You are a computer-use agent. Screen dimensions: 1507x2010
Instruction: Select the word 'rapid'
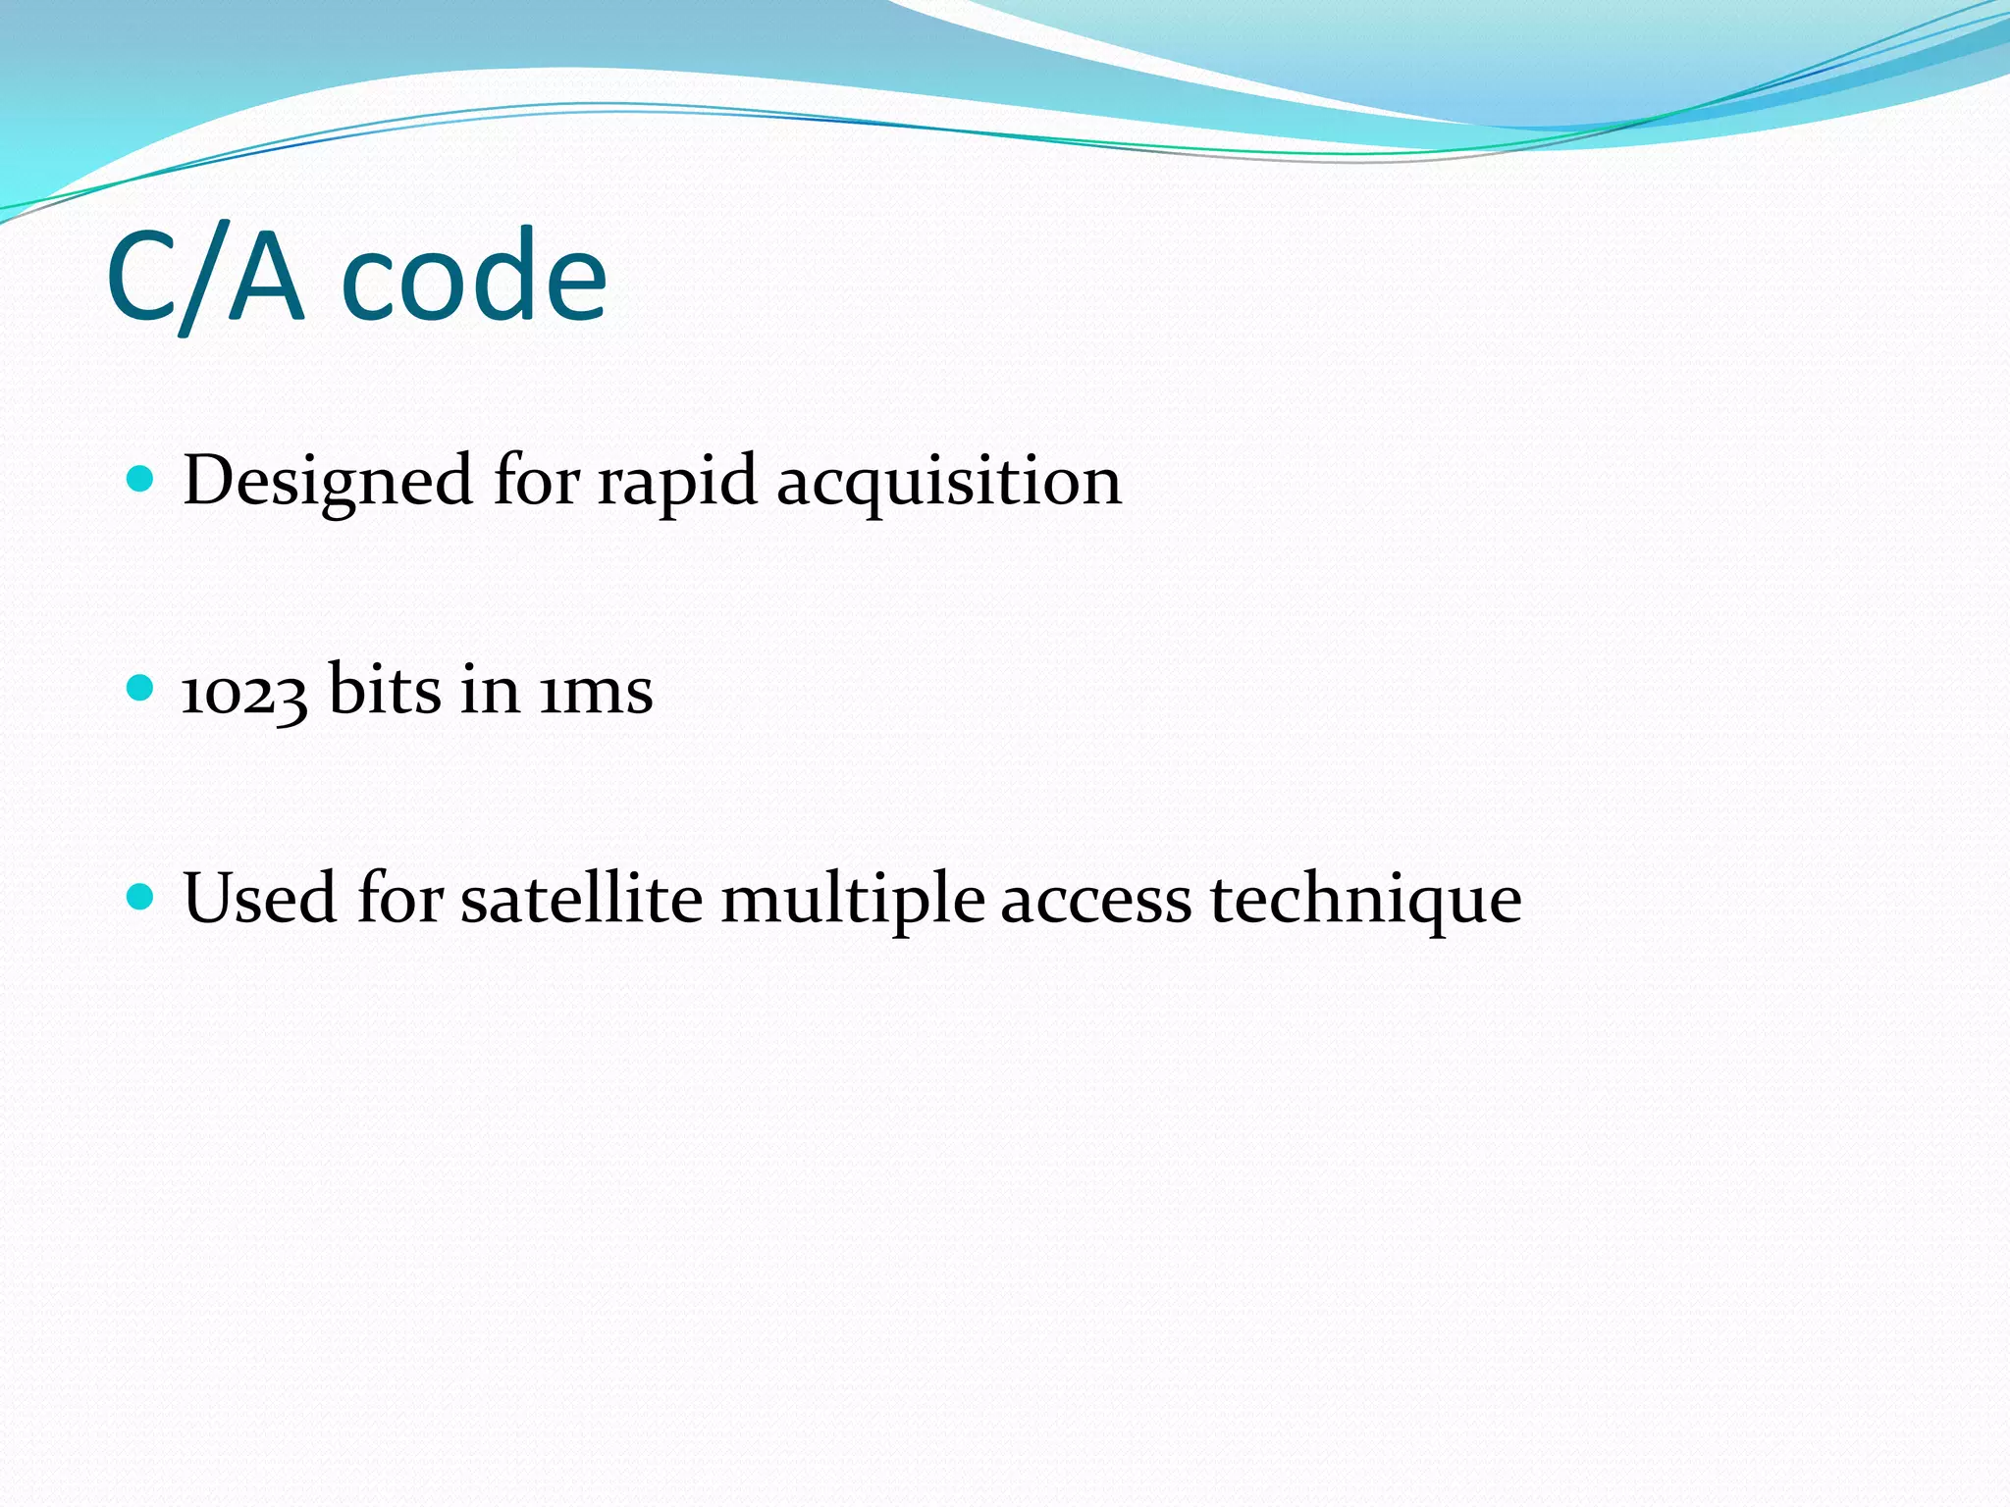click(x=677, y=483)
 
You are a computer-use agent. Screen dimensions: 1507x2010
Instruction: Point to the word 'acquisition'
click(x=948, y=483)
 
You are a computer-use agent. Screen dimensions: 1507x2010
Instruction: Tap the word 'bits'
click(x=384, y=689)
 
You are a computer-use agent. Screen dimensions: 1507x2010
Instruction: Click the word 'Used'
click(x=260, y=898)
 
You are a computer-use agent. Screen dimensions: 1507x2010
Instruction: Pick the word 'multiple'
click(x=853, y=901)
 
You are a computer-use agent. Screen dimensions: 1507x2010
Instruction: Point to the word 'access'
click(x=1095, y=901)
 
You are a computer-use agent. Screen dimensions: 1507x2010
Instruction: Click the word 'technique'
click(x=1365, y=901)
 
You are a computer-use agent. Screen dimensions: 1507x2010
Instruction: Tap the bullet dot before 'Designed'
click(x=141, y=479)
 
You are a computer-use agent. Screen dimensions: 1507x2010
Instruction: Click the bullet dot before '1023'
click(x=141, y=688)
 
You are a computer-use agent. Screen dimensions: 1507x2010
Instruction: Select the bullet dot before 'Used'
click(x=141, y=897)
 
